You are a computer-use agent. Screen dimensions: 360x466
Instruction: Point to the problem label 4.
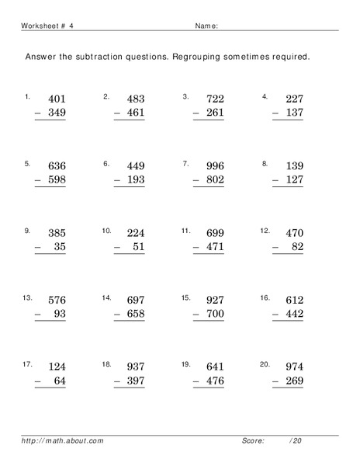(x=265, y=97)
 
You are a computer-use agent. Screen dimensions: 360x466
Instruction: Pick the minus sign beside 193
(x=118, y=179)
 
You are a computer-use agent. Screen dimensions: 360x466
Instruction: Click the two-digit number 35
(x=61, y=246)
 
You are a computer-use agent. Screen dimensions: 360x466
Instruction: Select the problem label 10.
(x=107, y=231)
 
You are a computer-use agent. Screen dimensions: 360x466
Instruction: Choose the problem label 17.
(x=28, y=364)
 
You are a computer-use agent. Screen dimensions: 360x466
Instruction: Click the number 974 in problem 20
(x=293, y=367)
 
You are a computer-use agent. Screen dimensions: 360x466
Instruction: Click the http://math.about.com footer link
(x=62, y=441)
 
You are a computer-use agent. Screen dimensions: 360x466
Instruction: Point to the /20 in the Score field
(x=295, y=441)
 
